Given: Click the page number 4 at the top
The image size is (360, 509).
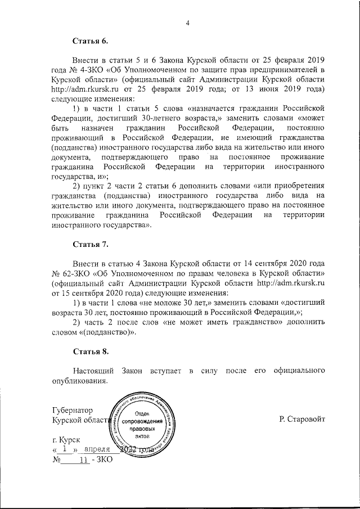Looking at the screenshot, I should (x=188, y=22).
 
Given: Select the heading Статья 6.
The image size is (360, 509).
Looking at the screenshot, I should (x=89, y=41).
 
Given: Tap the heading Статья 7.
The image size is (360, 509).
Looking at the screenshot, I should (x=89, y=245).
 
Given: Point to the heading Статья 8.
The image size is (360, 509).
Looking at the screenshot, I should (x=89, y=352).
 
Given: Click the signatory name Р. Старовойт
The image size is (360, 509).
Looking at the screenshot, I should (x=301, y=419).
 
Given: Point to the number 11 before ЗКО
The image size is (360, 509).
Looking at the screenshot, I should (x=84, y=460).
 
